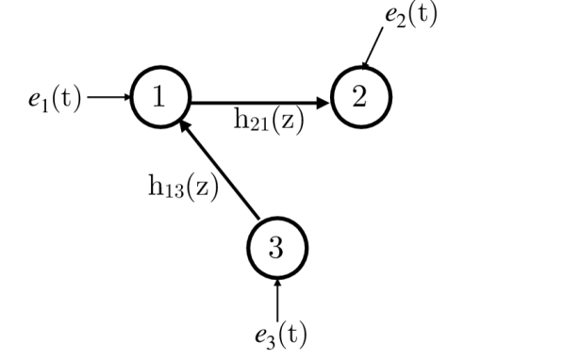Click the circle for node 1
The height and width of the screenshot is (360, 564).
(x=161, y=97)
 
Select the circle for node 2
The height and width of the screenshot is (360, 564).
(x=361, y=97)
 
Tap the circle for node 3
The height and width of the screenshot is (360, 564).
(x=276, y=248)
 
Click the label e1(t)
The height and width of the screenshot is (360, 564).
(x=54, y=98)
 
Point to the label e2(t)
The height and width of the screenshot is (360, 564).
(x=408, y=15)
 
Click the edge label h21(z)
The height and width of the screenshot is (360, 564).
(x=270, y=121)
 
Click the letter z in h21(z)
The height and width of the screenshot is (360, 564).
(x=288, y=121)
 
